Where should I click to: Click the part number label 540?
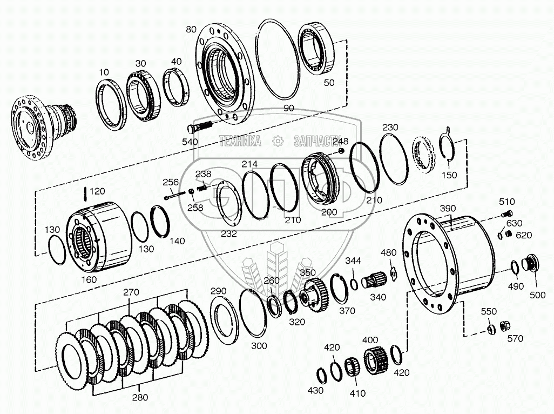pos(190,142)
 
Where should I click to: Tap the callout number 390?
pos(448,209)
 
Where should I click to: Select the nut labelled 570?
pos(506,326)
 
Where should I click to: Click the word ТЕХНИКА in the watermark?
pos(240,142)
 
